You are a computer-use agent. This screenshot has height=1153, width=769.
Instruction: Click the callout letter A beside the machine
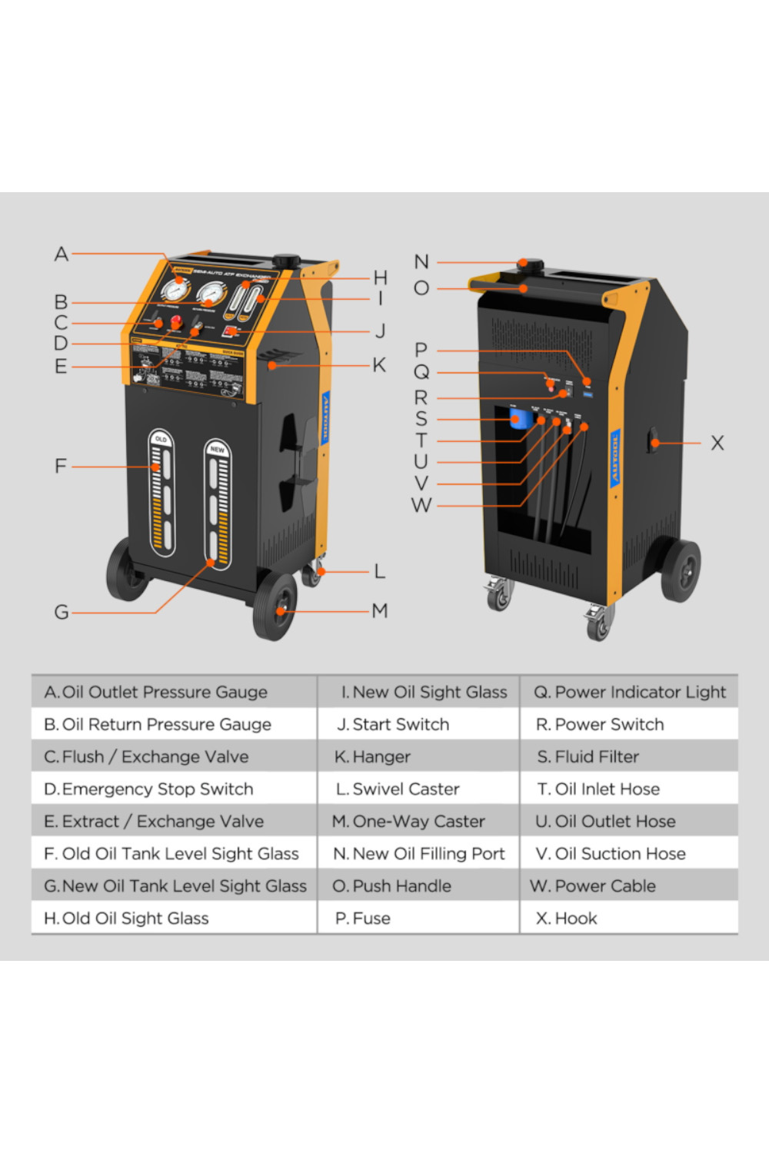(62, 254)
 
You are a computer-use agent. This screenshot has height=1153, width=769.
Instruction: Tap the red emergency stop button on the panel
(175, 322)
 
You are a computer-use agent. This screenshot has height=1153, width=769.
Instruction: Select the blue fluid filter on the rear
(521, 419)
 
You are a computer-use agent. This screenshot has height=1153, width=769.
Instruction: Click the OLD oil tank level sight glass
(161, 492)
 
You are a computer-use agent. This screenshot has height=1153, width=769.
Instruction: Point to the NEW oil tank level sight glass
(218, 503)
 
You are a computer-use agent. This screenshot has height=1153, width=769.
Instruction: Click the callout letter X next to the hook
(717, 444)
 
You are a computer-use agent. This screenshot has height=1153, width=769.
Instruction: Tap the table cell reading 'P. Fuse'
(363, 919)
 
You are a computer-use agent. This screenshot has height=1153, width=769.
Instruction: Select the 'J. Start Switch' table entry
(393, 725)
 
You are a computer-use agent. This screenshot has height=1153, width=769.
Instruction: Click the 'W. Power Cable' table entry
(593, 886)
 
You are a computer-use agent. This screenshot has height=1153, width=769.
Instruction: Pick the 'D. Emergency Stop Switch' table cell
(149, 789)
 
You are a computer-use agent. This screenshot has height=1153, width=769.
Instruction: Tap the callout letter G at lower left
(62, 613)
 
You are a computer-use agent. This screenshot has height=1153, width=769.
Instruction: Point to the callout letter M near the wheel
(379, 611)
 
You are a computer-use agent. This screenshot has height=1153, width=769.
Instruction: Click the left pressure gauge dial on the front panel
(175, 291)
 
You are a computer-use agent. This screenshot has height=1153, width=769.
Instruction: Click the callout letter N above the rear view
(421, 262)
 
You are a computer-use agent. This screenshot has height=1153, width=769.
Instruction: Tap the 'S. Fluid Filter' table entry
(588, 757)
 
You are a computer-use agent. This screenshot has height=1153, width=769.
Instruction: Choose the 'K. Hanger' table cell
(373, 757)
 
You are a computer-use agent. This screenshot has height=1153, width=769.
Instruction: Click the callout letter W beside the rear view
(421, 506)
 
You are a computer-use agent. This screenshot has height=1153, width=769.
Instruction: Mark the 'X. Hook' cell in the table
(567, 919)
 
